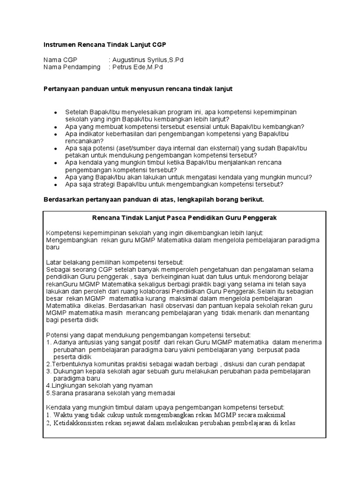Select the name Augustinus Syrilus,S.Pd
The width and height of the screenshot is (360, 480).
pyautogui.click(x=145, y=60)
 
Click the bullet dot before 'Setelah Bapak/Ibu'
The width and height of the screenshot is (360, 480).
pyautogui.click(x=56, y=113)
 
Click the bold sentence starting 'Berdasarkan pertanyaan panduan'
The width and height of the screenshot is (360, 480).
pyautogui.click(x=154, y=199)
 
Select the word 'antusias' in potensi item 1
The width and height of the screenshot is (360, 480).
pyautogui.click(x=87, y=342)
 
